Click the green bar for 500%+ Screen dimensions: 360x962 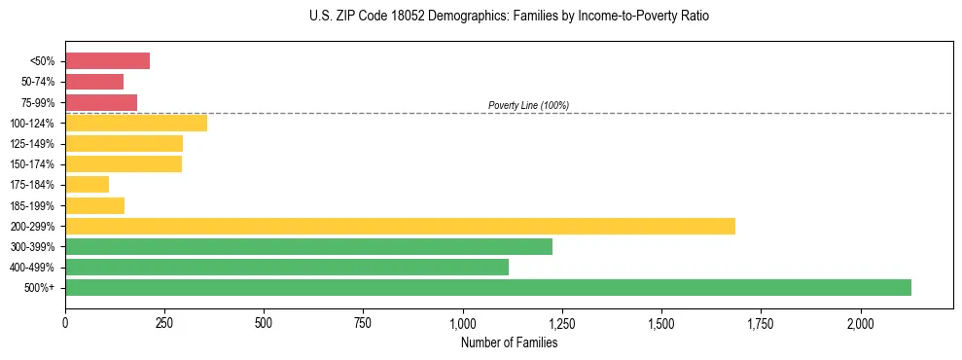tap(487, 287)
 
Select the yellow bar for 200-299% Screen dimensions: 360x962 tap(400, 226)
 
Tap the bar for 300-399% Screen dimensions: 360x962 tap(308, 246)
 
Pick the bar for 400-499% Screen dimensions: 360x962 tap(287, 267)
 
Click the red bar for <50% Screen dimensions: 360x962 tap(107, 61)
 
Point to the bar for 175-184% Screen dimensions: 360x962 tap(87, 184)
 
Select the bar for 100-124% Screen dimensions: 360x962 tap(136, 123)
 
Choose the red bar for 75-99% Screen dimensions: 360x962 tap(101, 102)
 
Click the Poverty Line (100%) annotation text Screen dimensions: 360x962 tap(528, 105)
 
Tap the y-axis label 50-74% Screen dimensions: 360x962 tap(37, 82)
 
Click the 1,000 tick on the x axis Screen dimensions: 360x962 tap(463, 322)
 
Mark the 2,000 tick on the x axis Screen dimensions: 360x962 tap(861, 322)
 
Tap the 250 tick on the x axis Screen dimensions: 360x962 tap(164, 322)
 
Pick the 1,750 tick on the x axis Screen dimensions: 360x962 tap(761, 322)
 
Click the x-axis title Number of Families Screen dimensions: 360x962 tap(509, 342)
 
